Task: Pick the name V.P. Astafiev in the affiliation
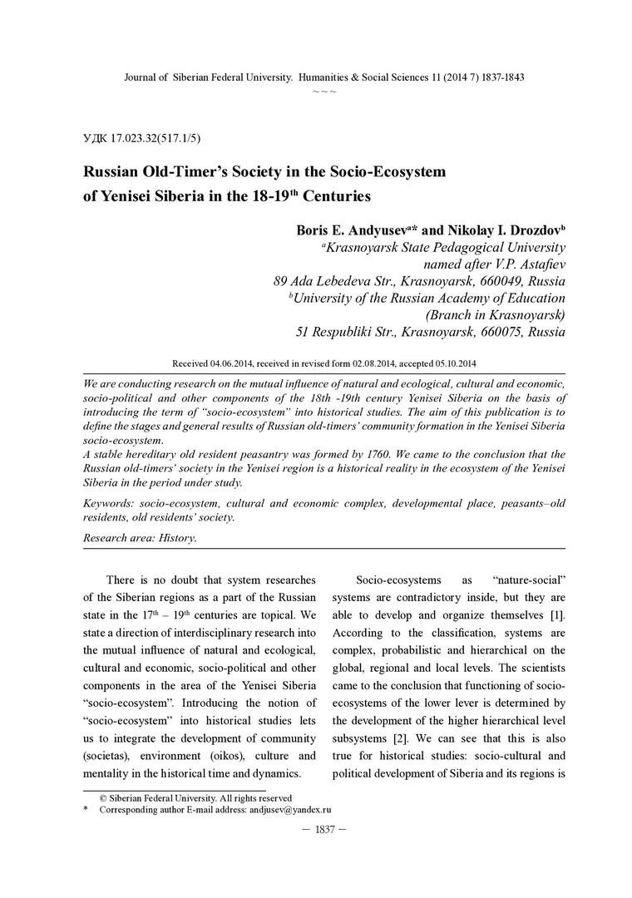pyautogui.click(x=526, y=264)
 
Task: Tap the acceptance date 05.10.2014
pyautogui.click(x=452, y=364)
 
